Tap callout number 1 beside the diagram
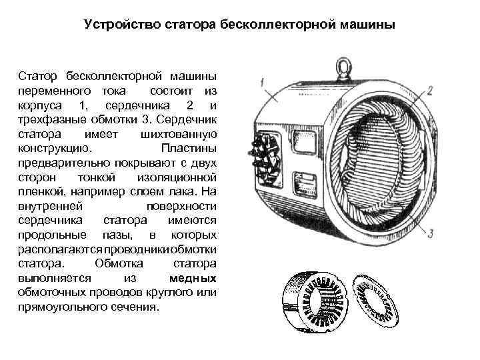pos(265,82)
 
